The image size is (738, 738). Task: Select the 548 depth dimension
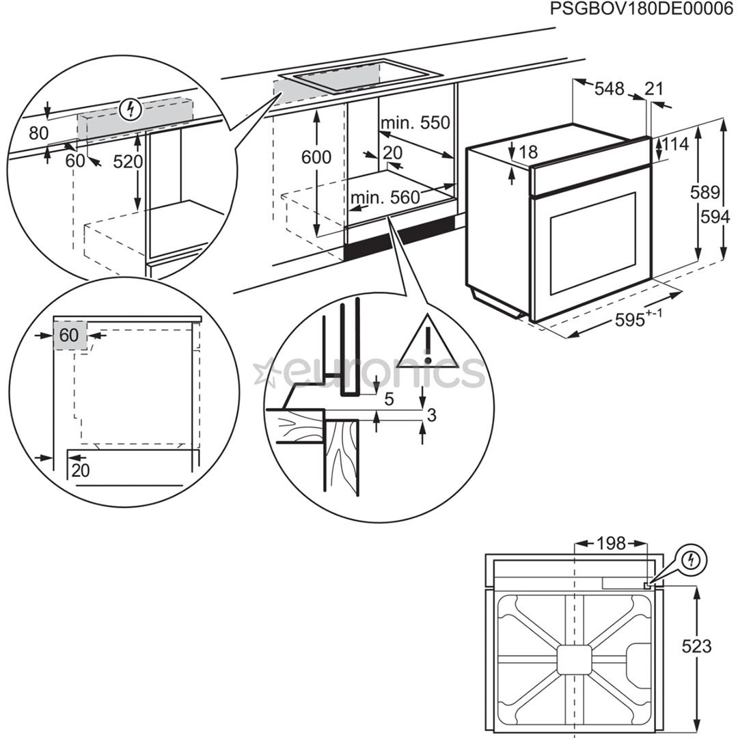609,89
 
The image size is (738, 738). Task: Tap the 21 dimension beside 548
654,88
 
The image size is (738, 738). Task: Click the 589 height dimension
705,192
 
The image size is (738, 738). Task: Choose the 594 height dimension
715,217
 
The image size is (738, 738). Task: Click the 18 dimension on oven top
528,152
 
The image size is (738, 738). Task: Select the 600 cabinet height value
316,157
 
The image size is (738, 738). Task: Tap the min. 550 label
415,123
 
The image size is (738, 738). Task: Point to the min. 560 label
384,198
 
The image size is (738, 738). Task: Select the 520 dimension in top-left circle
128,162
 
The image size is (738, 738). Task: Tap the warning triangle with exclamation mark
428,344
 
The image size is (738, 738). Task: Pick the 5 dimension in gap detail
389,400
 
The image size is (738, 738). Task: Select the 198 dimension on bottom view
611,543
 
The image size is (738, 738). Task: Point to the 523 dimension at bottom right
696,646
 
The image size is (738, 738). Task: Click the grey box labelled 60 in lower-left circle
70,335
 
